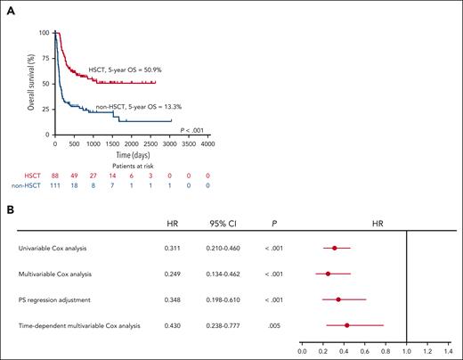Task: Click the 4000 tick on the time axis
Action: [207, 143]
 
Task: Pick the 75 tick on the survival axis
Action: [45, 58]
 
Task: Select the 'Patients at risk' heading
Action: [132, 165]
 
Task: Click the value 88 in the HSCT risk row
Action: [55, 176]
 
